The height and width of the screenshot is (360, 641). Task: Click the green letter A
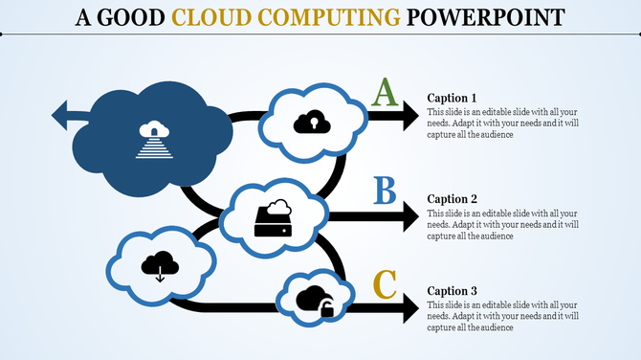tap(384, 93)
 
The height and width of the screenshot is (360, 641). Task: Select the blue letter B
tap(385, 191)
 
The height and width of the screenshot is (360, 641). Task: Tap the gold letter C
tap(384, 284)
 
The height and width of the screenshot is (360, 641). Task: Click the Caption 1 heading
tap(452, 98)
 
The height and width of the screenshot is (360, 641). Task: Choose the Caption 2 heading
tap(452, 199)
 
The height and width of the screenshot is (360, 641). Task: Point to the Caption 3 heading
tap(452, 291)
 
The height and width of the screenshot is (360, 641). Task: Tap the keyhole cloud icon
tap(311, 122)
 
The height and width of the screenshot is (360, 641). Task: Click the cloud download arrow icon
tap(160, 264)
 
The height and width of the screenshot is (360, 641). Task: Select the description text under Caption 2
tap(501, 224)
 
